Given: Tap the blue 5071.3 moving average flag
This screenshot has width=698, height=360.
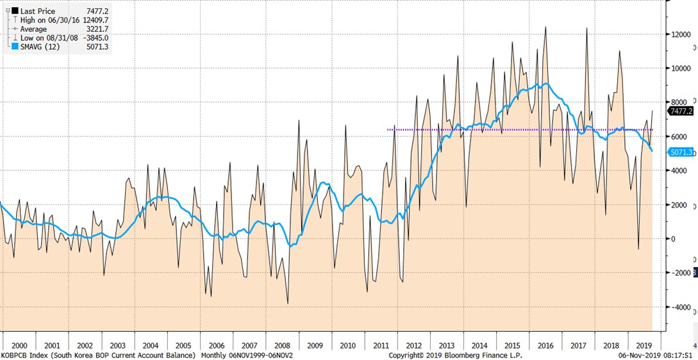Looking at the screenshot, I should (682, 152).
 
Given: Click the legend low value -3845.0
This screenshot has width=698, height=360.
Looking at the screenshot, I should (94, 38).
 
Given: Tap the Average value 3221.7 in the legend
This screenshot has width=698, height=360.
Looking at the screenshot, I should (94, 29).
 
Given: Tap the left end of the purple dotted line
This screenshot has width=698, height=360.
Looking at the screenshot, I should (388, 130).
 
